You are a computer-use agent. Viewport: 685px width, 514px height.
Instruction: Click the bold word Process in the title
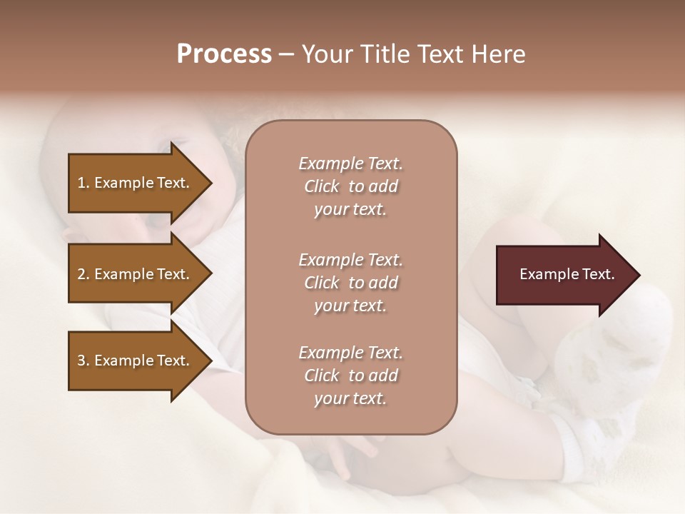(x=224, y=54)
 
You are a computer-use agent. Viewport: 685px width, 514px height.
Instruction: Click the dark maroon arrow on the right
(x=564, y=275)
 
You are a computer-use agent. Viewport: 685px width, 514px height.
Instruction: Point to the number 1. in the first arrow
(x=83, y=183)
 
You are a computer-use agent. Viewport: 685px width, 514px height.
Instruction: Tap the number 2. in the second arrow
(x=83, y=274)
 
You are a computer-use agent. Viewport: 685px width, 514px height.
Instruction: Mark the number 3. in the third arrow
(x=83, y=361)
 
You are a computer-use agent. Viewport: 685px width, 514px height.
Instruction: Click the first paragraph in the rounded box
(x=350, y=186)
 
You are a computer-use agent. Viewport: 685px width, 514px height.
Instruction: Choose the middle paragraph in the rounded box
(x=350, y=283)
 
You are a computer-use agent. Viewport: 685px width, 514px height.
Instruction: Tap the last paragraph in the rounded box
(x=350, y=376)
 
